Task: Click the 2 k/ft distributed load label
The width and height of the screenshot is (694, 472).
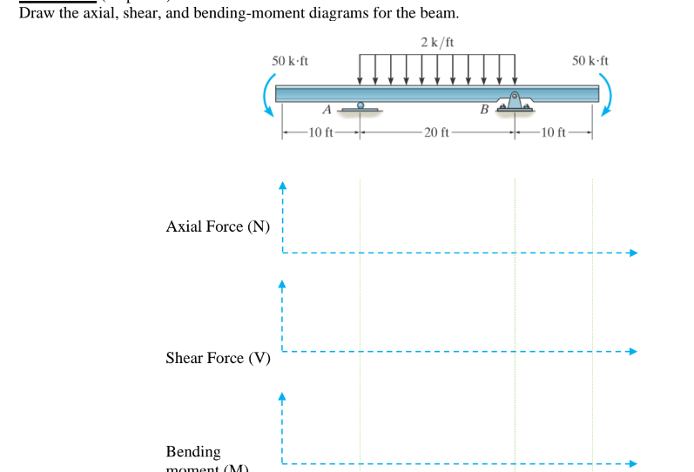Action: (x=436, y=42)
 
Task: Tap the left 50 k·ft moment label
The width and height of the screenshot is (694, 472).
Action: (x=289, y=61)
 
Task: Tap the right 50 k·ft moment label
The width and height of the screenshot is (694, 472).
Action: (x=590, y=61)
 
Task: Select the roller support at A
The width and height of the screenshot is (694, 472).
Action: (x=360, y=107)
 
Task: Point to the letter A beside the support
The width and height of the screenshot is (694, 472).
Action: (x=327, y=110)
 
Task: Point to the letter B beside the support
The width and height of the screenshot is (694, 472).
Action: (x=484, y=110)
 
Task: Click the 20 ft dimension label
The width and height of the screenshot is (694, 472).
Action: (x=436, y=132)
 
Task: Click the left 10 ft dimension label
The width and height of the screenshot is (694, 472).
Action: (x=320, y=132)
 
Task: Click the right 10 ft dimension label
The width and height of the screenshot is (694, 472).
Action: (x=552, y=132)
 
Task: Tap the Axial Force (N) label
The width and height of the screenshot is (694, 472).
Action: (x=218, y=226)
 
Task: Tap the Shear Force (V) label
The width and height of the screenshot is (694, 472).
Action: (x=218, y=358)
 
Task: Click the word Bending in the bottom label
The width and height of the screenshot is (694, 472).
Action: (x=193, y=451)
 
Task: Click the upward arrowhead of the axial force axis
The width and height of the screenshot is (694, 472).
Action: (x=282, y=185)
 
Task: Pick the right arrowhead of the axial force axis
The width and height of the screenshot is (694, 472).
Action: (x=634, y=253)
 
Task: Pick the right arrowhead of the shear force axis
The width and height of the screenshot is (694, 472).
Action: (x=634, y=352)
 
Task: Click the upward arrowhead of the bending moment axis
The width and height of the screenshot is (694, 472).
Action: (x=282, y=395)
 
